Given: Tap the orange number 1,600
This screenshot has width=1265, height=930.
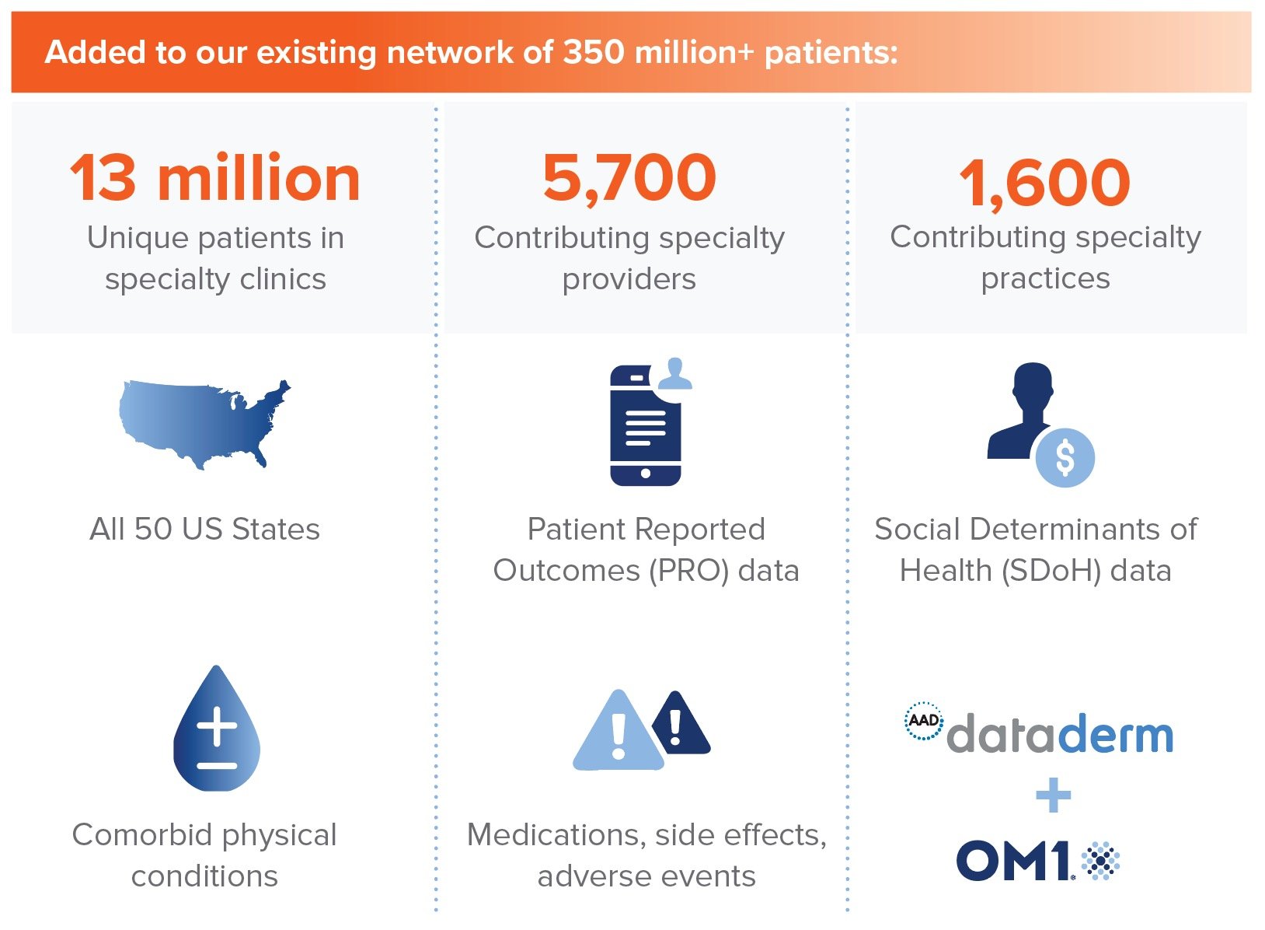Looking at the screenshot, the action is point(1045,183).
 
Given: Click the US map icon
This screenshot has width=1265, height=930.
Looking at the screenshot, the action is point(204,424).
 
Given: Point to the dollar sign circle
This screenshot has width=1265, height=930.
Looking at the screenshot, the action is point(1065,458).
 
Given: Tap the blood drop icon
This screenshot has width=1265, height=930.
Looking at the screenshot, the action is point(216,729).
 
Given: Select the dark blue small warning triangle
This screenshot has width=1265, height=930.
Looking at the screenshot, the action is point(681,723).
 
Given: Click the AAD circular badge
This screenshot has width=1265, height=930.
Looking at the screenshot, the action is point(923,721).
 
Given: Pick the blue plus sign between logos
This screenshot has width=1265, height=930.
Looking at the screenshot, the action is point(1053,795).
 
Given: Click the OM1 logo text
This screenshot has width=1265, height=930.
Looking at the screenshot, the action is point(1014,861).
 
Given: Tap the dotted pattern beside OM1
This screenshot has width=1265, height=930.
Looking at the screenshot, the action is point(1100,861).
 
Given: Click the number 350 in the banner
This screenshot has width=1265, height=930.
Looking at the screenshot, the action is point(594,52).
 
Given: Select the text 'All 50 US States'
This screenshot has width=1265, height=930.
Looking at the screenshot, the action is point(204,530).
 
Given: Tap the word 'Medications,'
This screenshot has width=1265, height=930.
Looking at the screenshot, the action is point(556,835).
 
